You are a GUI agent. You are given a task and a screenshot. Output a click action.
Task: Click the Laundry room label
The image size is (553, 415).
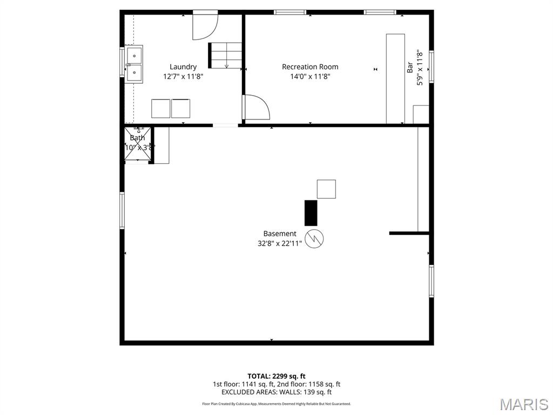click(x=183, y=67)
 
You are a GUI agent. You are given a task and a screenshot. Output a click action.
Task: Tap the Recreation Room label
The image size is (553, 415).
click(x=310, y=67)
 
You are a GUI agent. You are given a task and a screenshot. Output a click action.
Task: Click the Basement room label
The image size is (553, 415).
click(x=280, y=233)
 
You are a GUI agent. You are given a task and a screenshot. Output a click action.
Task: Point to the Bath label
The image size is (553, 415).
click(x=137, y=138)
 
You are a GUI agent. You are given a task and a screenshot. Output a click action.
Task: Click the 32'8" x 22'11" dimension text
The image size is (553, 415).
click(x=280, y=243)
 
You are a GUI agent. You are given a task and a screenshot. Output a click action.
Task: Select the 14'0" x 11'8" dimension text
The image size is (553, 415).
click(x=310, y=77)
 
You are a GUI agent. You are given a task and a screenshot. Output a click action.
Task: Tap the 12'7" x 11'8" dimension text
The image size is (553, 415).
click(x=183, y=77)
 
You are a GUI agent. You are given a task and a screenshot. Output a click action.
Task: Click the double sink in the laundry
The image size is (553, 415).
click(x=134, y=64)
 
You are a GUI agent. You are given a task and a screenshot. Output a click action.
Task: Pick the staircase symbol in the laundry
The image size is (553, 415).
click(x=226, y=55)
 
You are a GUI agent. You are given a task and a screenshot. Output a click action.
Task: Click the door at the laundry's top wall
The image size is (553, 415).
click(x=205, y=26)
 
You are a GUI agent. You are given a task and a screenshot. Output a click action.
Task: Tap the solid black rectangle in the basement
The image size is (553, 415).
click(x=311, y=212)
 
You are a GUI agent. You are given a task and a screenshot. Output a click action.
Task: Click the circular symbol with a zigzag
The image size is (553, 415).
click(x=314, y=238)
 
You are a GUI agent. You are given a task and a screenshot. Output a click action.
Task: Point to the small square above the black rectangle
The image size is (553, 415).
click(x=326, y=189)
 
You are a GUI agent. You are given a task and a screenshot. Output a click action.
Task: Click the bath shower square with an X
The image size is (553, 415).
click(x=138, y=144)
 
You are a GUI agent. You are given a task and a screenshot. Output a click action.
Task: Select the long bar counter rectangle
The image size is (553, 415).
click(x=395, y=79)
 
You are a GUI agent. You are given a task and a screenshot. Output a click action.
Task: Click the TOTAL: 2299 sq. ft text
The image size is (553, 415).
click(x=276, y=376)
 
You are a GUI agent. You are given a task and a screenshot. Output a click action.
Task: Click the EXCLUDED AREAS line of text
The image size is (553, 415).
click(x=276, y=392)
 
